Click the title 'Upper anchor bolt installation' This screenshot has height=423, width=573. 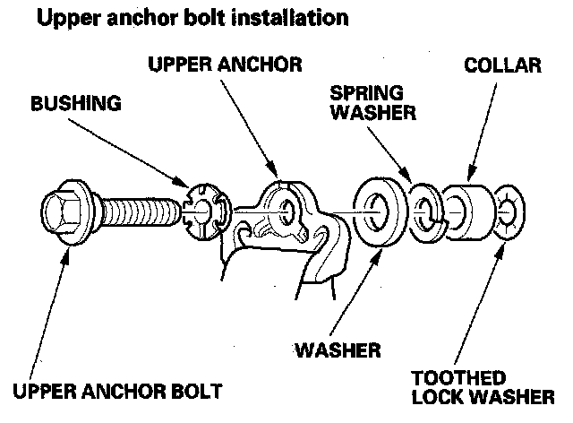190,17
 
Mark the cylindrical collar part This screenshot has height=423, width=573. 466,213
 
